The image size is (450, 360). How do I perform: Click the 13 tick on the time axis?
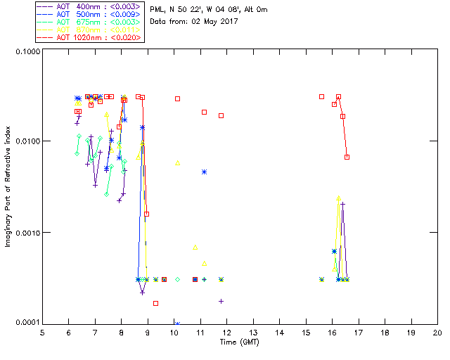253,333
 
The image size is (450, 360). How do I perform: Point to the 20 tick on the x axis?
437,333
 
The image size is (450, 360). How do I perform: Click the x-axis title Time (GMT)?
240,342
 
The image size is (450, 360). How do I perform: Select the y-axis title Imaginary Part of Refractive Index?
9,188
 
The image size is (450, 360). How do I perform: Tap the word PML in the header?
159,9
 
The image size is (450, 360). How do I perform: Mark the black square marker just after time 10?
177,98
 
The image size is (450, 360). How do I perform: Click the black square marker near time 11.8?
221,115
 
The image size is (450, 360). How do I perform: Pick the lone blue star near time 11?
204,172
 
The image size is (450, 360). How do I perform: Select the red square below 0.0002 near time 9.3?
155,303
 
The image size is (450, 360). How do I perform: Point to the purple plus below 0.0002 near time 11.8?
221,301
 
